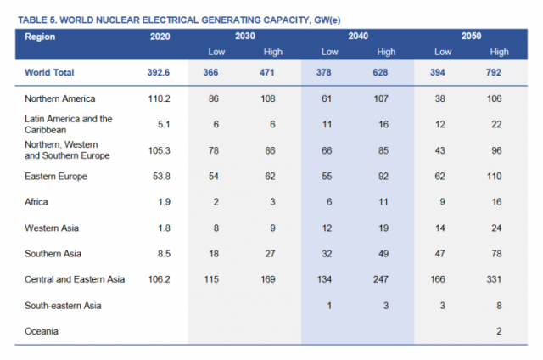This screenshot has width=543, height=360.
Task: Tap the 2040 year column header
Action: (x=357, y=37)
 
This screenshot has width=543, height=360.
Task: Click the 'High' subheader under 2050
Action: (x=499, y=53)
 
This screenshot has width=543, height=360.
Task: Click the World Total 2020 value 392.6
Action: (x=160, y=73)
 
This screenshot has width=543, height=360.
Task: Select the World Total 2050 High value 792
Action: (x=499, y=73)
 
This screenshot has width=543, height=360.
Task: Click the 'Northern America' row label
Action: (x=60, y=99)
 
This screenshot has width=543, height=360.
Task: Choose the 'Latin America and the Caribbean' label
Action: (x=69, y=124)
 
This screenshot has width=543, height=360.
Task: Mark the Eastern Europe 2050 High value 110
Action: (x=499, y=177)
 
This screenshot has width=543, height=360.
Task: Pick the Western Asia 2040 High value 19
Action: (x=386, y=228)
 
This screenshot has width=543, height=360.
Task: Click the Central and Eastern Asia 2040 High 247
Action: (x=386, y=278)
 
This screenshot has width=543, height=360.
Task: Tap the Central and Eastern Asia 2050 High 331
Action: (x=499, y=278)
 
